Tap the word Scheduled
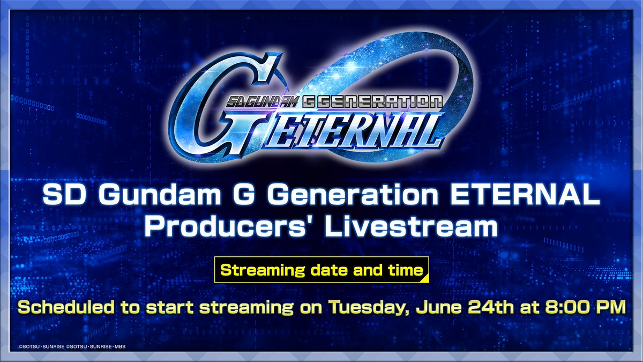[66, 307]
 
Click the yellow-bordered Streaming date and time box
[322, 270]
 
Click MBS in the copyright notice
[120, 347]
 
